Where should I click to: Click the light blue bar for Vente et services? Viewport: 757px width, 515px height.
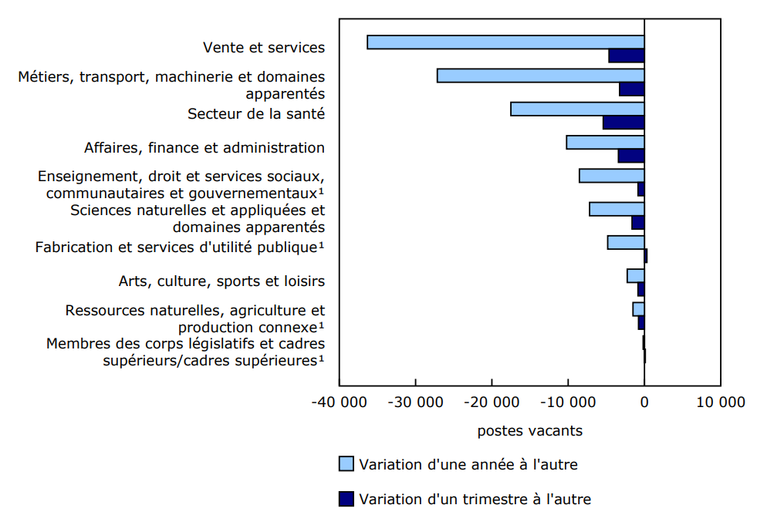click(x=505, y=42)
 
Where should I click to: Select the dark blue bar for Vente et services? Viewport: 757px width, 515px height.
click(x=627, y=56)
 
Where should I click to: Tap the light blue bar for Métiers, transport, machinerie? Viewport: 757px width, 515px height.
click(x=540, y=76)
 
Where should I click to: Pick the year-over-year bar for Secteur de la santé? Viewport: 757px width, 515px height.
click(x=577, y=109)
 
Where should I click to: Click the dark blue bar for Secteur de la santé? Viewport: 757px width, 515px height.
click(x=624, y=123)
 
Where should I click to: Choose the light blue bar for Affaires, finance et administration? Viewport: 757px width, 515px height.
click(x=605, y=143)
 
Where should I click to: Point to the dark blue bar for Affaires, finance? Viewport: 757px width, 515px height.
click(x=631, y=156)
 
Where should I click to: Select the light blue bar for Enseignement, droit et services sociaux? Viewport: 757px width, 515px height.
click(x=612, y=176)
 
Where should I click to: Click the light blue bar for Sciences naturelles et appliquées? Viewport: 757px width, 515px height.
click(x=617, y=209)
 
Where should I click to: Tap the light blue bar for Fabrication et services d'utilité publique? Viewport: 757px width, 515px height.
click(x=626, y=243)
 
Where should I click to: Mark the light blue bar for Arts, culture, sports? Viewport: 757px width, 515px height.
click(x=636, y=276)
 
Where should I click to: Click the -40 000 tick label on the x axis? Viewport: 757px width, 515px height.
click(x=340, y=402)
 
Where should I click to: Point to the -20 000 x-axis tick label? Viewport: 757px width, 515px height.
click(x=492, y=402)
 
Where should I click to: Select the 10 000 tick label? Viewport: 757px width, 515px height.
click(x=721, y=402)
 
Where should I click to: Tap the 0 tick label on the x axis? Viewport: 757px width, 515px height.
click(x=644, y=402)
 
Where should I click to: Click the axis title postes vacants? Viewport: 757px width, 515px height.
click(x=529, y=431)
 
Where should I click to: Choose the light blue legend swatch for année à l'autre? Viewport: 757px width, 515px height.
click(x=346, y=464)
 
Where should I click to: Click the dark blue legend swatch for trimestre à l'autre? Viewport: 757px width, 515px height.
click(x=346, y=499)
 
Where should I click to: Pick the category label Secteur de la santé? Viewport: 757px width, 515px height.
click(x=256, y=113)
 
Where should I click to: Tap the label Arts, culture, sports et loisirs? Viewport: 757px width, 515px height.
click(x=221, y=281)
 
